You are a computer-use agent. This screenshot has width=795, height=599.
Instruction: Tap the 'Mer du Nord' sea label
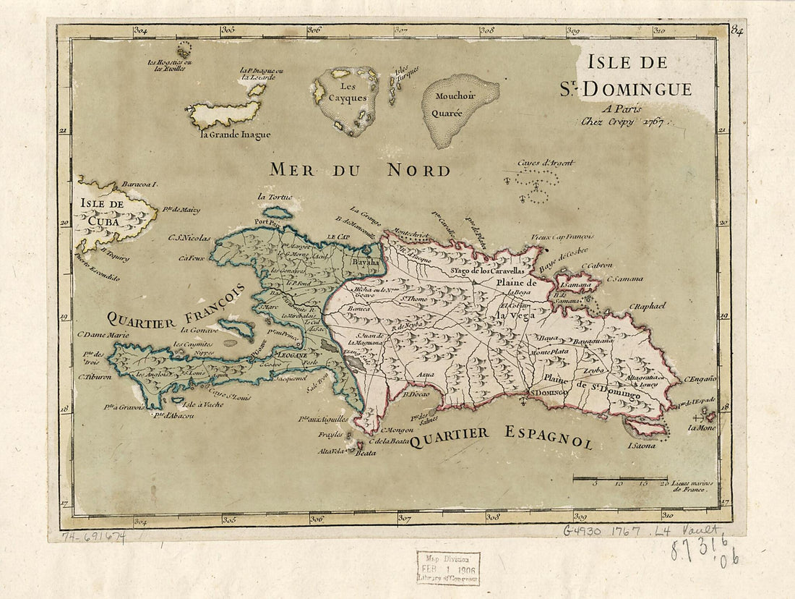tap(360, 170)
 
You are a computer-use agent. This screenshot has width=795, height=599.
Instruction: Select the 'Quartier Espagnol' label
tap(501, 436)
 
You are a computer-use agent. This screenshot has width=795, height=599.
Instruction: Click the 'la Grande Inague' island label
tap(236, 134)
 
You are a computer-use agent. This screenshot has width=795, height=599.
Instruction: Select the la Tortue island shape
tap(278, 213)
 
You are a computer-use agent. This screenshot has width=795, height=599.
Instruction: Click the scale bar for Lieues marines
tap(620, 478)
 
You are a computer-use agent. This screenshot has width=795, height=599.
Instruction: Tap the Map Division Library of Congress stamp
tap(448, 568)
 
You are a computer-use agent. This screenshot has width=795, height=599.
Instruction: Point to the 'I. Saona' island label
tap(642, 446)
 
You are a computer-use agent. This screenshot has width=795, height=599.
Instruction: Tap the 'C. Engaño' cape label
tap(699, 379)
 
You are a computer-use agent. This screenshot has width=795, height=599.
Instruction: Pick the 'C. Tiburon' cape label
tap(95, 377)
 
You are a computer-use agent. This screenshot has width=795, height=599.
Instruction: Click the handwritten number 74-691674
tap(93, 538)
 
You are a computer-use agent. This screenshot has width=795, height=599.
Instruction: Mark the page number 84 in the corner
tap(737, 30)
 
